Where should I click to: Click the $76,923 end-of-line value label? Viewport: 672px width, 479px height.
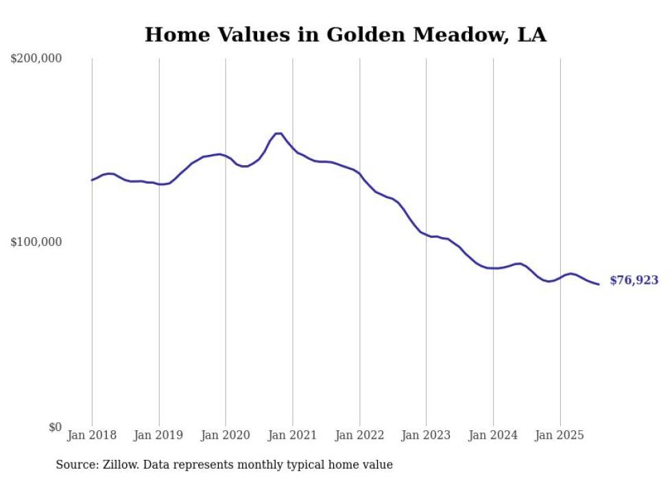click(x=634, y=280)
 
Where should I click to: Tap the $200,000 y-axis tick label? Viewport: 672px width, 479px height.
click(x=36, y=59)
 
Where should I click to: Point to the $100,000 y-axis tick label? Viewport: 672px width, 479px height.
click(x=36, y=242)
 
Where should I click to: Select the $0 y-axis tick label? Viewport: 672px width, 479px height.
click(x=55, y=427)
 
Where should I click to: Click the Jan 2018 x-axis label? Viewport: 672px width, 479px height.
click(x=92, y=435)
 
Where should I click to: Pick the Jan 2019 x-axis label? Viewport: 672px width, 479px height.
click(x=159, y=435)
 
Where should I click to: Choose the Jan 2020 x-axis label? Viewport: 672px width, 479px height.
click(x=226, y=435)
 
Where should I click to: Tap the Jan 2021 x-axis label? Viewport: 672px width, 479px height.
click(x=293, y=435)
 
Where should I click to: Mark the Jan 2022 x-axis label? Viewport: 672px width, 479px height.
click(x=359, y=435)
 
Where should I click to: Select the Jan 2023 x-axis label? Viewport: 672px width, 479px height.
click(x=427, y=435)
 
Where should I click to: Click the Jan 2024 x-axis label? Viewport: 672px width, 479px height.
click(x=493, y=435)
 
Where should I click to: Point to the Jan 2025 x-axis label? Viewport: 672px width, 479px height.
click(x=560, y=435)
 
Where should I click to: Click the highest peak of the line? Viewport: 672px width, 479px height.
click(x=278, y=133)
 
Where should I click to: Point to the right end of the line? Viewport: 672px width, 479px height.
click(x=599, y=284)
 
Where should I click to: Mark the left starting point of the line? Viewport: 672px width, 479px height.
click(x=92, y=180)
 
